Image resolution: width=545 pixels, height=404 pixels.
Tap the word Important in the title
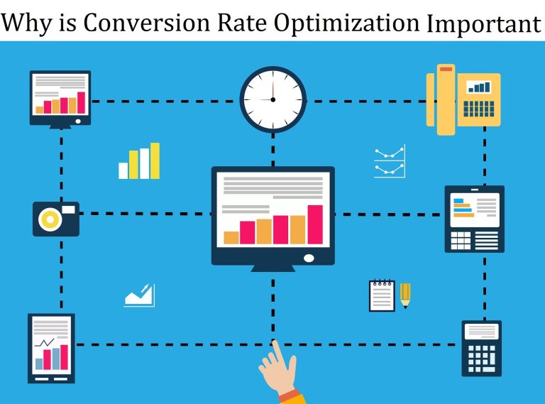click(x=483, y=23)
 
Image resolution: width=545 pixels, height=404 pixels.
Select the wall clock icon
click(x=272, y=99)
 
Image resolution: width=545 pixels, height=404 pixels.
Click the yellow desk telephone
click(x=462, y=99)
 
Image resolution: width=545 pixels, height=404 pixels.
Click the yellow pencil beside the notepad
click(x=405, y=295)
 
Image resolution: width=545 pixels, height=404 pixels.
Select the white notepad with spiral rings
click(x=381, y=295)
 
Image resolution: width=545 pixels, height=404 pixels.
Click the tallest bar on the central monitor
click(x=315, y=224)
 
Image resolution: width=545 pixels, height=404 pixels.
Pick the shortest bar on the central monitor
click(x=231, y=237)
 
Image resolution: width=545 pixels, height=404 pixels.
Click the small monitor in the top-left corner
click(x=60, y=98)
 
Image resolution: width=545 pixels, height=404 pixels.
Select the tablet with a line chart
click(x=51, y=346)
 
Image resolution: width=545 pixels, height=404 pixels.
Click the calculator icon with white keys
click(x=481, y=348)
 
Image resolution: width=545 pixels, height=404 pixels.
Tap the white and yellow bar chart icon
click(x=139, y=161)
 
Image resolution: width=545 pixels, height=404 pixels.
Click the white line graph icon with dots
click(x=390, y=162)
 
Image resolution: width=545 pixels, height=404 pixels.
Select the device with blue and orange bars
click(x=474, y=219)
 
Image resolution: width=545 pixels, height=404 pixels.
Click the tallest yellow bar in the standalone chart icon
click(x=155, y=160)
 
